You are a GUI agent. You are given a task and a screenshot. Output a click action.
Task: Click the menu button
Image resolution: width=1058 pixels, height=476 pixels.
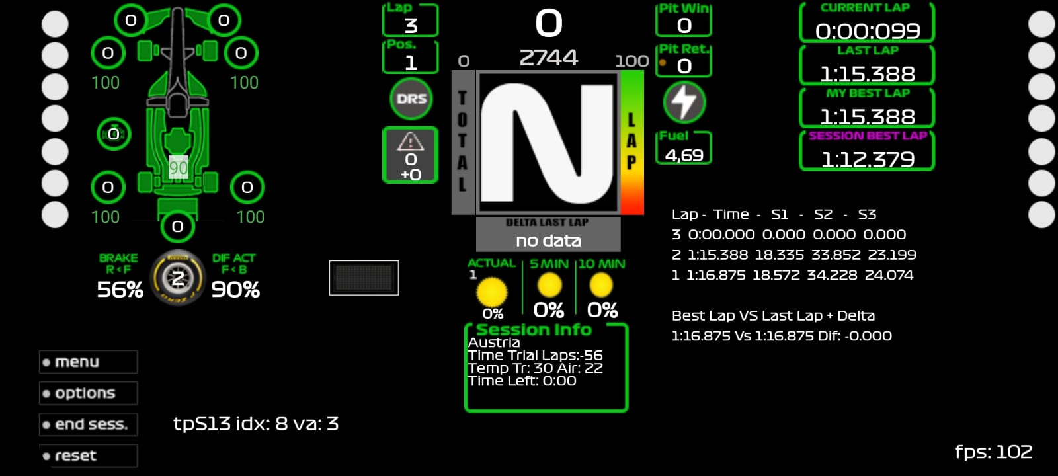(x=89, y=362)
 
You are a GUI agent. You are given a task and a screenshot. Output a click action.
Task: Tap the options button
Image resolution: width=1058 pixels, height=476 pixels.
(x=89, y=393)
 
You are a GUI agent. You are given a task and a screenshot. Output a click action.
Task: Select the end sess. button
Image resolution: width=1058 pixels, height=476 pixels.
(x=89, y=424)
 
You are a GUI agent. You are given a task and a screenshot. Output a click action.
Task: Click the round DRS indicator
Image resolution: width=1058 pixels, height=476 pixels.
(x=411, y=99)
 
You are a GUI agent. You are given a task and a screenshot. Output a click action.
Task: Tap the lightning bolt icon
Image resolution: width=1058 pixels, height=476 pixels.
(x=684, y=102)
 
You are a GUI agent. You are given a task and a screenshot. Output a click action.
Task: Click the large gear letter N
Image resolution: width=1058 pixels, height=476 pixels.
(x=548, y=143)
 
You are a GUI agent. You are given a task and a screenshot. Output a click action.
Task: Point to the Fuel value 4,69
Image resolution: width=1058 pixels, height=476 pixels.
(x=684, y=155)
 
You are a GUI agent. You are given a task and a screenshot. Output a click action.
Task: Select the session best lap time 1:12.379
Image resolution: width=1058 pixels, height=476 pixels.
(x=868, y=159)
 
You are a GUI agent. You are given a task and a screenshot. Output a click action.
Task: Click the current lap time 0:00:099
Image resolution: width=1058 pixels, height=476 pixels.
(x=867, y=31)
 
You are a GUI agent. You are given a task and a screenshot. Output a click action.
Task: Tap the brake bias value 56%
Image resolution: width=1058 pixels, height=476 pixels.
(x=120, y=290)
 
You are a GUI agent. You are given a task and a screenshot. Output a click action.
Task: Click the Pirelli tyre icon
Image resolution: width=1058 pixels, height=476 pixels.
(x=178, y=278)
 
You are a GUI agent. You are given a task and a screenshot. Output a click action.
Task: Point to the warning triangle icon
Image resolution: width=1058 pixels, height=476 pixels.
(x=411, y=141)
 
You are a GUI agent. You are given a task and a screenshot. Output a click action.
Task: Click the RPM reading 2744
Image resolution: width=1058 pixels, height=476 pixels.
(x=548, y=58)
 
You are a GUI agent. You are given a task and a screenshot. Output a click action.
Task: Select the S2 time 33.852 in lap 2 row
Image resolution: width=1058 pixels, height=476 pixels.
(x=833, y=255)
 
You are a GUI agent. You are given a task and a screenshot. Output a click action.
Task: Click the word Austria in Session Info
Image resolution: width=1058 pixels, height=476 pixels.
(x=493, y=342)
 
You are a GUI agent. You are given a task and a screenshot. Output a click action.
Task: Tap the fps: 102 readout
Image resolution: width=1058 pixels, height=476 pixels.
(x=993, y=452)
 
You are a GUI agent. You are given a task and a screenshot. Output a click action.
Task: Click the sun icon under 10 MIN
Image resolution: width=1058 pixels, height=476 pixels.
(x=601, y=285)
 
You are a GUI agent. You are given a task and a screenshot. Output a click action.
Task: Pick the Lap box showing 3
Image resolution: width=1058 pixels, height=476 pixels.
(x=411, y=20)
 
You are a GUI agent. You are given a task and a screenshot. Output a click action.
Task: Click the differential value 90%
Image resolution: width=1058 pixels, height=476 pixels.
(x=235, y=290)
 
